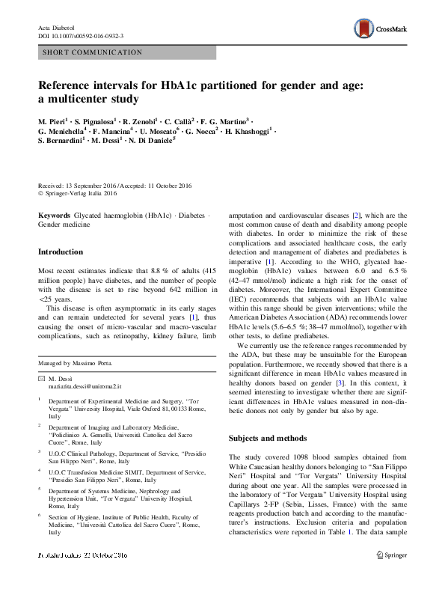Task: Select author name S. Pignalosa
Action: (x=98, y=120)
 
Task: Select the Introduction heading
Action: (x=61, y=252)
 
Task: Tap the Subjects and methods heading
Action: (x=268, y=437)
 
